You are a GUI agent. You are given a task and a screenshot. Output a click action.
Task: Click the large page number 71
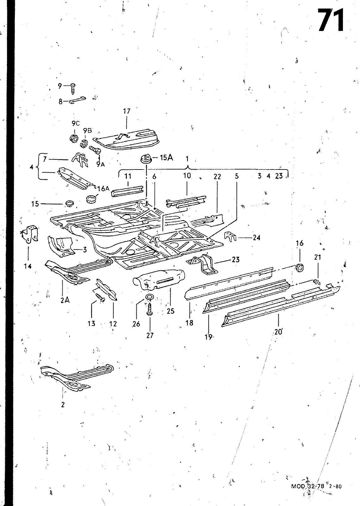tap(331, 20)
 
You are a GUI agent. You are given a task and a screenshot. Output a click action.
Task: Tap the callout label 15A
tap(166, 158)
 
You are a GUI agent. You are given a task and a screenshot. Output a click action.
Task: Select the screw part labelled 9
tap(73, 89)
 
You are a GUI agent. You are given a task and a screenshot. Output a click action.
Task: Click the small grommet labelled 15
tap(68, 204)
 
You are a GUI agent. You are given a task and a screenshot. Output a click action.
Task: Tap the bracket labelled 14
tap(30, 234)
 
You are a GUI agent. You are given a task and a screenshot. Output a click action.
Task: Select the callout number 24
tap(257, 238)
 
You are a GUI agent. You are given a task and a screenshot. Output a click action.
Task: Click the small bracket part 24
tap(230, 236)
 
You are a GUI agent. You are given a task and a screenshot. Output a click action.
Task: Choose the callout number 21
tap(318, 257)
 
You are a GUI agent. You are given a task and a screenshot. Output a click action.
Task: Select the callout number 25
tap(171, 311)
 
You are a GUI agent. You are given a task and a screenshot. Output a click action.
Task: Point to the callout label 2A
tap(65, 300)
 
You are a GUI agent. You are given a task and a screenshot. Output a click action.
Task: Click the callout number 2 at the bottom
tap(63, 404)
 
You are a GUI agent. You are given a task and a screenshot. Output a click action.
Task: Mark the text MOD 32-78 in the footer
tap(308, 486)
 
